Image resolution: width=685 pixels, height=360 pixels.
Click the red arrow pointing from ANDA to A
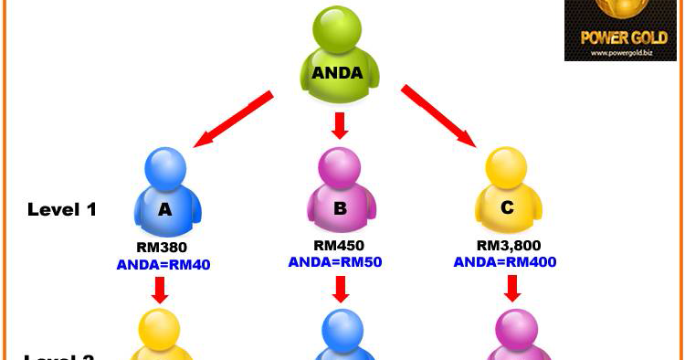pyautogui.click(x=234, y=119)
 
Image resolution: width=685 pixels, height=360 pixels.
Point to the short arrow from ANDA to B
pyautogui.click(x=341, y=126)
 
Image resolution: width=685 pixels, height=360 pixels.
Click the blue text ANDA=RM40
pyautogui.click(x=163, y=265)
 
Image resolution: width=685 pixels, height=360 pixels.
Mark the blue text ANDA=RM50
pyautogui.click(x=335, y=261)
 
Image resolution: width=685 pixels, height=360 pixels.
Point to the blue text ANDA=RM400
pyautogui.click(x=505, y=261)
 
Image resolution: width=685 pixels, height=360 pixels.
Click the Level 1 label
pyautogui.click(x=62, y=209)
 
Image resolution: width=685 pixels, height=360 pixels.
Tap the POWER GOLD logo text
pyautogui.click(x=620, y=38)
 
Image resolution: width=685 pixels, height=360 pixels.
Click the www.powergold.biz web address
pyautogui.click(x=620, y=53)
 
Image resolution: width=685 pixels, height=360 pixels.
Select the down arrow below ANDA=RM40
pyautogui.click(x=161, y=290)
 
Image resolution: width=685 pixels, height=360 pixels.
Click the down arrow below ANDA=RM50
pyautogui.click(x=341, y=289)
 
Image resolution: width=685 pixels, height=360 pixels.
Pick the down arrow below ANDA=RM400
pyautogui.click(x=512, y=288)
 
